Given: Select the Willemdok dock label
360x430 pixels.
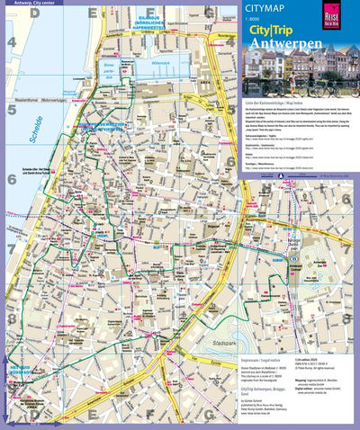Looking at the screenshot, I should [x=160, y=65].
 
